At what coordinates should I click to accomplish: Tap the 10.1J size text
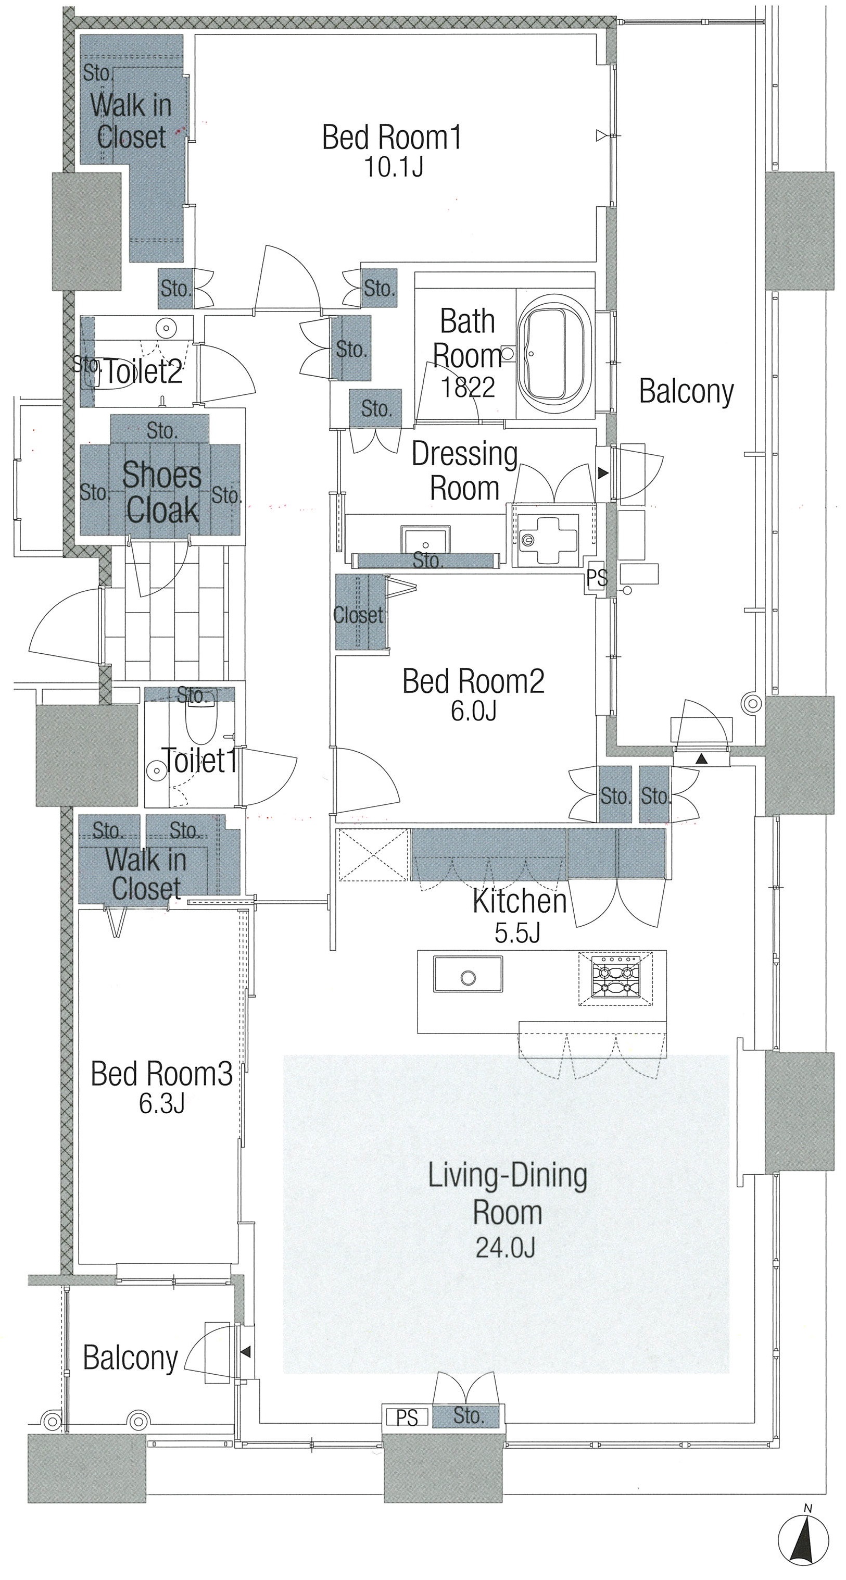click(x=394, y=167)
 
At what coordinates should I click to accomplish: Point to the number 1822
click(x=467, y=387)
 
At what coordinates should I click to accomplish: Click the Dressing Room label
click(x=465, y=471)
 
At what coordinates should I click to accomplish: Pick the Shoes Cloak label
click(x=162, y=492)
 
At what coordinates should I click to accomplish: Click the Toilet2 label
click(x=144, y=372)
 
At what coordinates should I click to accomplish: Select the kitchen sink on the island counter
click(x=468, y=974)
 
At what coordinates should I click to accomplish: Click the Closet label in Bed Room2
click(x=358, y=614)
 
